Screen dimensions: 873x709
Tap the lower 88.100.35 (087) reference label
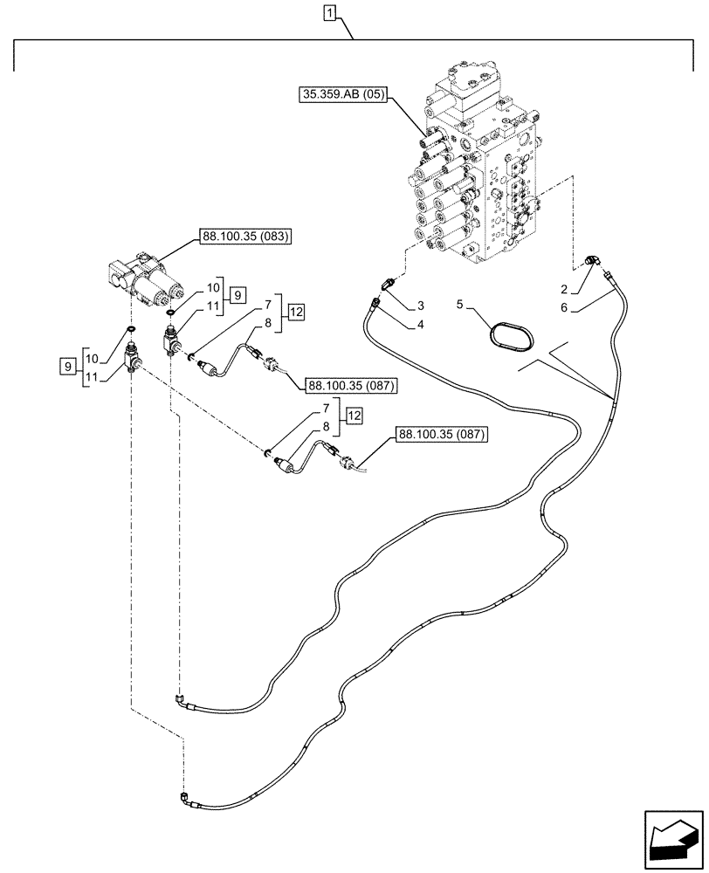pyautogui.click(x=441, y=433)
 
